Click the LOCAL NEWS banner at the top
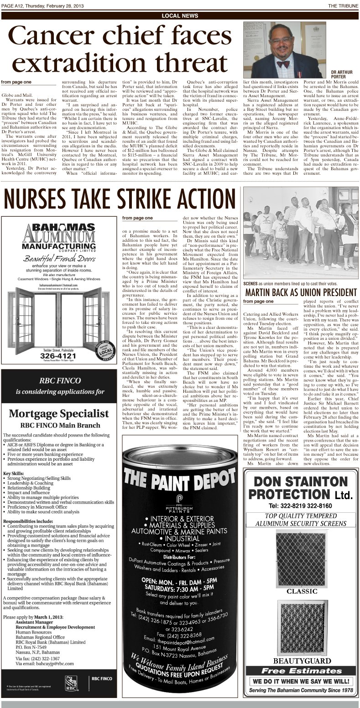[x=180, y=16]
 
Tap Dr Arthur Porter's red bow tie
[x=283, y=64]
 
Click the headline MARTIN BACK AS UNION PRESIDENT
[x=301, y=292]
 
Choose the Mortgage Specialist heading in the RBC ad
[x=59, y=413]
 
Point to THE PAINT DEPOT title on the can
[x=180, y=478]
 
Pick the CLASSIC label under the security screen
[x=301, y=591]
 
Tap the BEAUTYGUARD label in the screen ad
[x=301, y=661]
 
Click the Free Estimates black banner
[x=301, y=671]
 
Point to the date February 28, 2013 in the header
[x=73, y=5]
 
